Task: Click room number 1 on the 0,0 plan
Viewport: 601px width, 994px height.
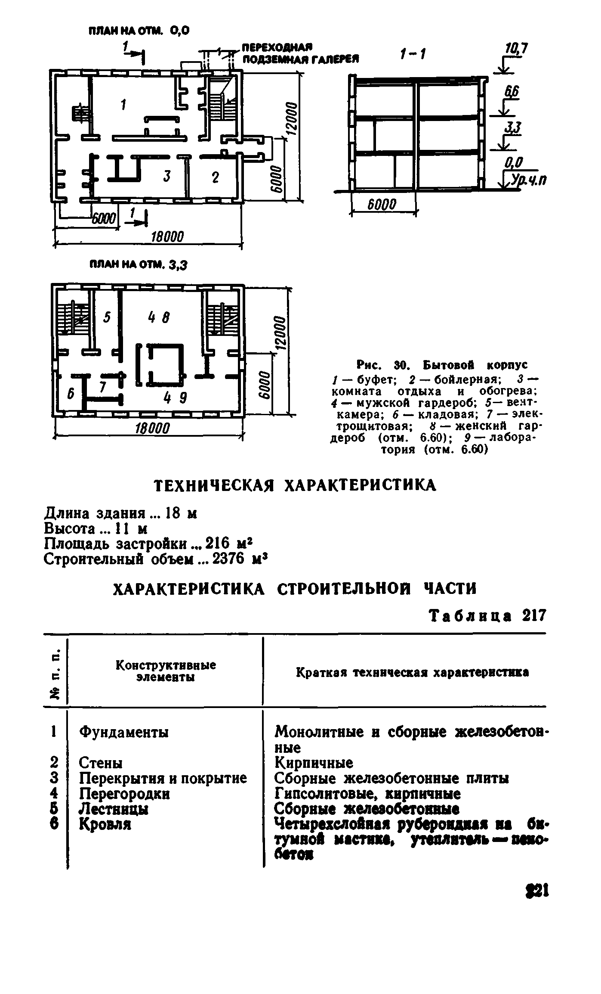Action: point(123,105)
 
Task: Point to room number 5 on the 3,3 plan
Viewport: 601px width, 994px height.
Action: point(107,317)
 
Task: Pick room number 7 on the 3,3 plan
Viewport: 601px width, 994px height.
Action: point(103,387)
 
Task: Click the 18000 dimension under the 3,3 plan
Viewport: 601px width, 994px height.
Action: point(153,428)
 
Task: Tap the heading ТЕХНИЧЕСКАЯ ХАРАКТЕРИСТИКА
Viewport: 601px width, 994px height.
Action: point(295,485)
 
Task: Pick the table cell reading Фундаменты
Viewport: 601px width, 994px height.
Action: point(124,732)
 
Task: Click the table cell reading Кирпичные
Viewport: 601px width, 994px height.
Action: point(314,763)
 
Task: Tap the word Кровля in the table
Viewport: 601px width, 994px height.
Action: point(105,824)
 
